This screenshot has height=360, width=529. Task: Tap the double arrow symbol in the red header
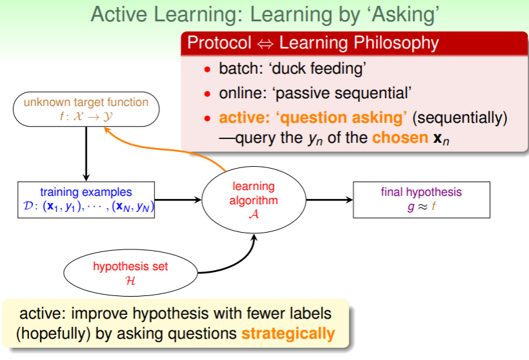click(x=265, y=44)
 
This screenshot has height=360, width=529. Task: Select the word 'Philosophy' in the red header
click(x=396, y=43)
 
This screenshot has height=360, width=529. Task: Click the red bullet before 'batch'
click(x=207, y=70)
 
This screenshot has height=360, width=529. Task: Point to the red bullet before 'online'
click(x=207, y=94)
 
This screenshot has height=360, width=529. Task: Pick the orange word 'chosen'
click(x=400, y=138)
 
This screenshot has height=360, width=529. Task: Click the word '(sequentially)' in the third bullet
click(x=459, y=118)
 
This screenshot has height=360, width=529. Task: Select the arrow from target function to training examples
click(x=86, y=154)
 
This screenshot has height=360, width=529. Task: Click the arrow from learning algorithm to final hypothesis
click(x=329, y=200)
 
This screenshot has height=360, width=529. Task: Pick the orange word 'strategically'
click(x=288, y=334)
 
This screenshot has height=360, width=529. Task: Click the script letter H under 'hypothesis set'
click(x=130, y=281)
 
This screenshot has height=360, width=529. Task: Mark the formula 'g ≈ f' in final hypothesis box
click(x=421, y=206)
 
